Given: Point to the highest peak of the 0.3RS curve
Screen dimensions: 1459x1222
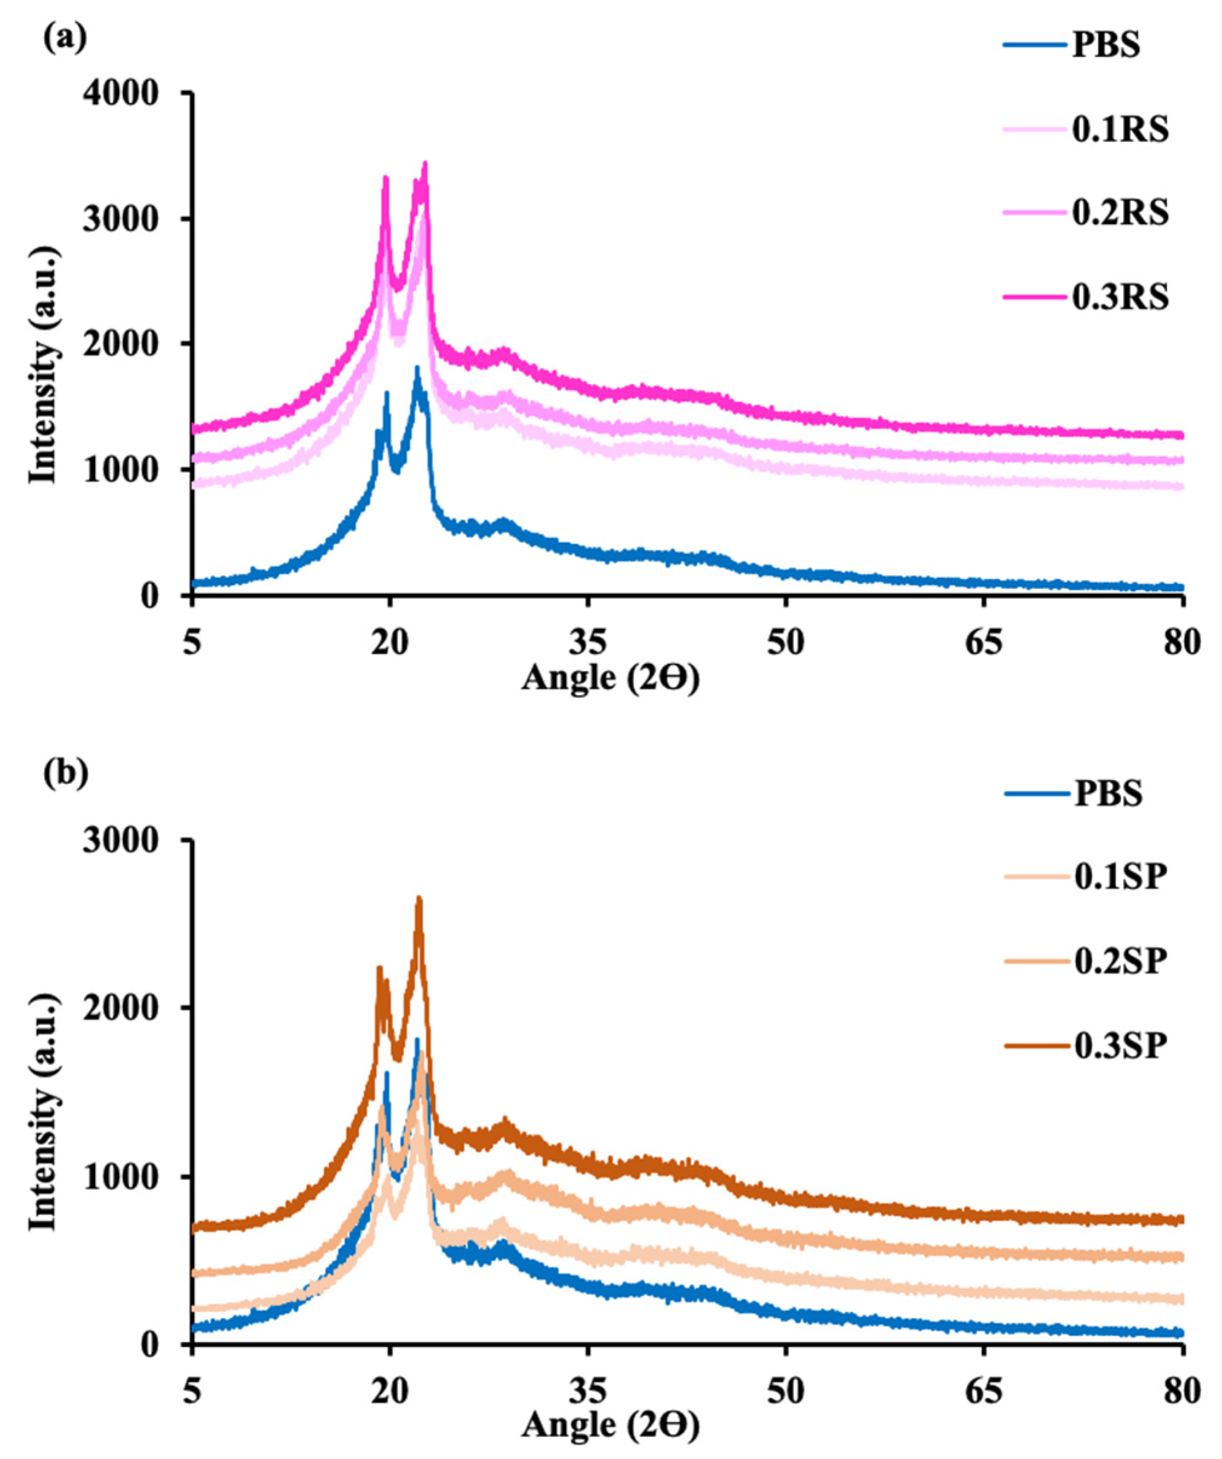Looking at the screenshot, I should click(424, 165).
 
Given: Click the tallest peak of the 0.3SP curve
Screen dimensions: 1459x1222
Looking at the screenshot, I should click(418, 919).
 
